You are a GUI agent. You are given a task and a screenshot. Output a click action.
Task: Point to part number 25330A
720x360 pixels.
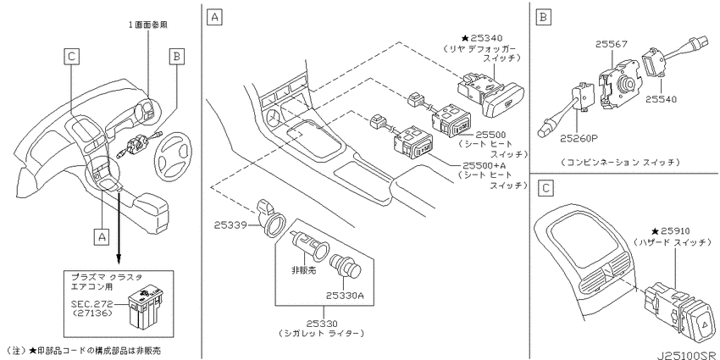(345, 296)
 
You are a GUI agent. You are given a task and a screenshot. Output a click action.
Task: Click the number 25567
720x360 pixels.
(612, 44)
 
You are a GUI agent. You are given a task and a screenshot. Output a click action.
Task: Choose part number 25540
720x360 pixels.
(661, 99)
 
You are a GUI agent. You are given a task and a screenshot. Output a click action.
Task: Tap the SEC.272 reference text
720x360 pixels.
(91, 303)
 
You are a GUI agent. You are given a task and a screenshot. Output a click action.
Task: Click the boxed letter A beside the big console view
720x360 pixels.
(214, 18)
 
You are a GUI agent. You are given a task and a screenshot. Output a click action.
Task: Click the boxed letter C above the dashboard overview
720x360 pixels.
(70, 56)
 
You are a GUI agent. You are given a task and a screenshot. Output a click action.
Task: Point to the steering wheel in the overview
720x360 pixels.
(176, 152)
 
